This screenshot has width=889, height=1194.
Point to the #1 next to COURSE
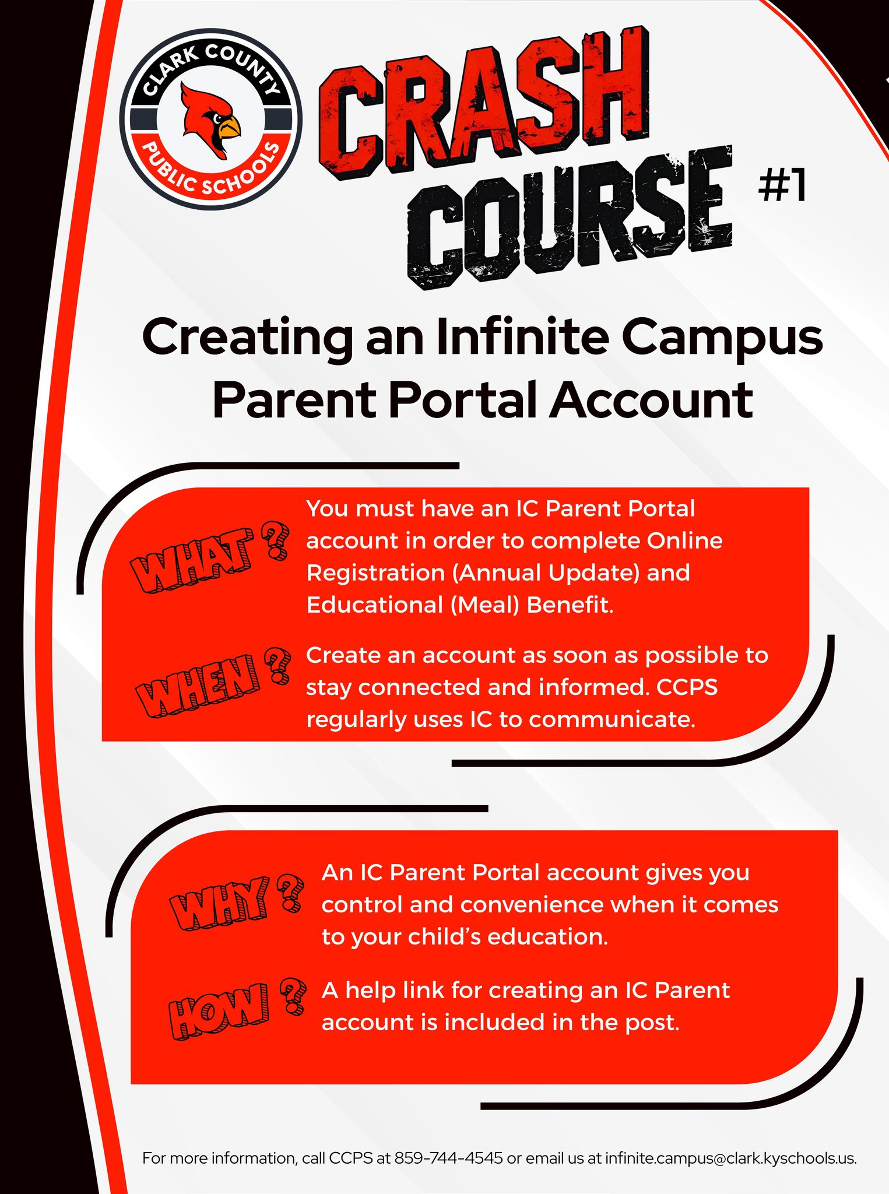tap(782, 185)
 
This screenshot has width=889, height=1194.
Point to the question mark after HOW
tap(293, 996)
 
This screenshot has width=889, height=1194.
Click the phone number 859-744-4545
tap(448, 1158)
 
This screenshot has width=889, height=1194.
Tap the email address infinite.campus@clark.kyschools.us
tap(730, 1158)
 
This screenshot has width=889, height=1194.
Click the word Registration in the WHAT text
tap(376, 573)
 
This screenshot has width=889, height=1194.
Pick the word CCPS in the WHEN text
tap(687, 687)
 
